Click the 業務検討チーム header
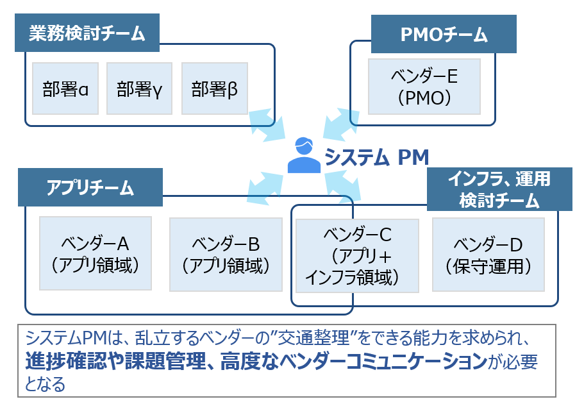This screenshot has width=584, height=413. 87,33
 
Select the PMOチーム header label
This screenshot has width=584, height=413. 444,34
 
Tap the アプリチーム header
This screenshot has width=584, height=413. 90,187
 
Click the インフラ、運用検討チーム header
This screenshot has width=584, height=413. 499,189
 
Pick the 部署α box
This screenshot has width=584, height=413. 65,88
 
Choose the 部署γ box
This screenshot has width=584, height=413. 139,88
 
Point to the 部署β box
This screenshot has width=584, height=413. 215,88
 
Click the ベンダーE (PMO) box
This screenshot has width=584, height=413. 424,87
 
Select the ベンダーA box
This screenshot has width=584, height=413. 96,253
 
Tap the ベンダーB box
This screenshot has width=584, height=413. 226,254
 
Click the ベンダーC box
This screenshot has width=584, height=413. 357,256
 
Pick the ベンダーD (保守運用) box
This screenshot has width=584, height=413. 488,255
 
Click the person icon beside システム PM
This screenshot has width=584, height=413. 304,155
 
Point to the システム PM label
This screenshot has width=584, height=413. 376,157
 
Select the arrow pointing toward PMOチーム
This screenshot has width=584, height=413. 341,124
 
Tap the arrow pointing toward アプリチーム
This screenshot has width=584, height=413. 265,189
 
